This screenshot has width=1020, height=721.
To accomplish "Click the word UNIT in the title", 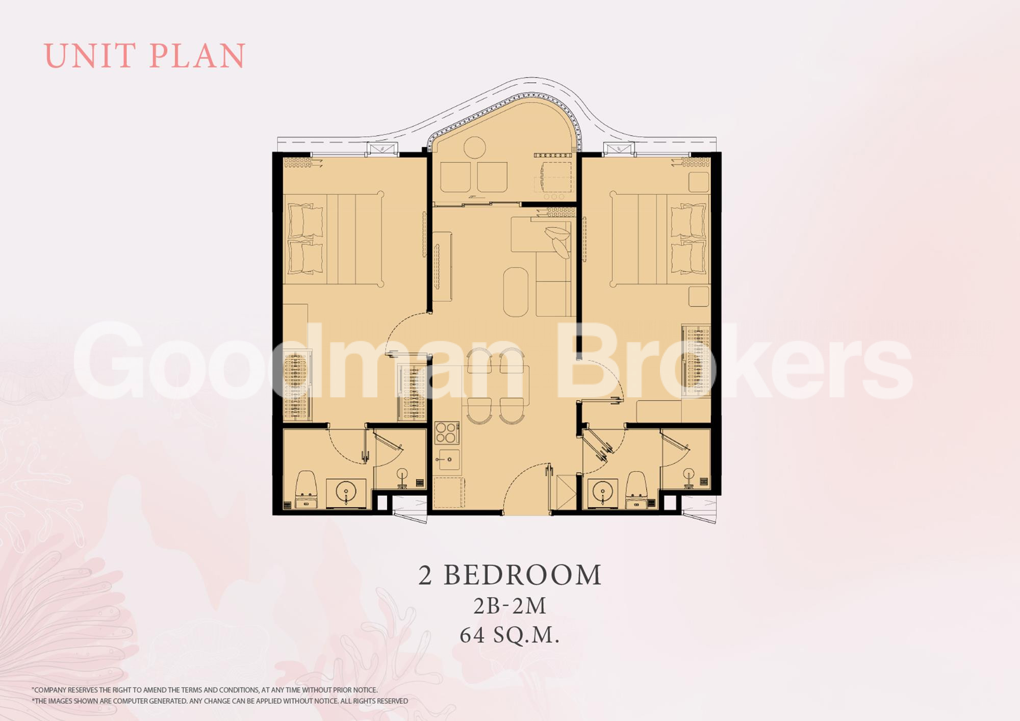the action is pos(91,56).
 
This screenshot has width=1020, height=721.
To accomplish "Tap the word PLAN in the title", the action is pos(198,56).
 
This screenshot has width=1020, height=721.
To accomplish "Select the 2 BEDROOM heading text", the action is pos(510,575).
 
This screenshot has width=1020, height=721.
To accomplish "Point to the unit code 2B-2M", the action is pos(510,606).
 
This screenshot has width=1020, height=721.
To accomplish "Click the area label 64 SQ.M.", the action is pos(510,635).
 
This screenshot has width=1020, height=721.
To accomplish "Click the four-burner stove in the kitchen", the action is pos(447,433).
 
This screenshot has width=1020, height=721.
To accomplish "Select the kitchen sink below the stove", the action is pos(448,459).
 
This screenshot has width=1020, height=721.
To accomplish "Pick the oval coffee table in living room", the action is pos(516,292).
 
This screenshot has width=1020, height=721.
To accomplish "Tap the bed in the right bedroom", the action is pos(660,240).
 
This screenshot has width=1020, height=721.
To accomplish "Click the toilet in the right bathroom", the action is pos(636,490).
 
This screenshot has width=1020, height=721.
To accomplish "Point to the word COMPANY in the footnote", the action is pos(51,690).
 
